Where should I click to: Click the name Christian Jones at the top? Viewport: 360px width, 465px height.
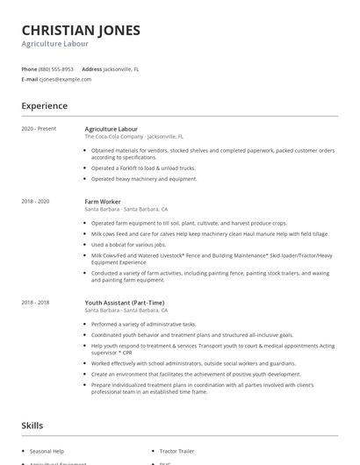[x=80, y=30]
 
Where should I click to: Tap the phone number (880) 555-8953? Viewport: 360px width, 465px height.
[x=56, y=68]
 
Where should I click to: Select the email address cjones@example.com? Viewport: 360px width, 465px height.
[x=65, y=79]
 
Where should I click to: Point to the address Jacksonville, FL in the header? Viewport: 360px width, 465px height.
[x=121, y=68]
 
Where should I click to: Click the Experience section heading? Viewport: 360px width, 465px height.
[x=45, y=106]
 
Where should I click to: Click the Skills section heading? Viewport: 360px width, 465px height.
[x=33, y=426]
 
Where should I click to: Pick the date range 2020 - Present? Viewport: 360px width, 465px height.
[x=40, y=129]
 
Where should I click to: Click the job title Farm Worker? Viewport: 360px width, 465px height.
[x=103, y=202]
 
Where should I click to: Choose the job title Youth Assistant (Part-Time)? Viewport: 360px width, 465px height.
[x=125, y=303]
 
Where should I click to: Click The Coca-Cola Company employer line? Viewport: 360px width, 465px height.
[x=133, y=137]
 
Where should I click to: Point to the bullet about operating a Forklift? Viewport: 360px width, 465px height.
[x=143, y=168]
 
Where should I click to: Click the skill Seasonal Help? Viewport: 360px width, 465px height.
[x=47, y=451]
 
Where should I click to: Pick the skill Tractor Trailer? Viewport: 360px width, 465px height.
[x=178, y=451]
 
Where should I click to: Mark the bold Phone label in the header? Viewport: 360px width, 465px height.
[x=29, y=68]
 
